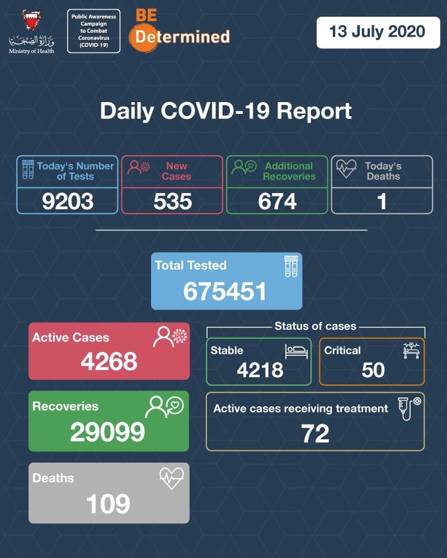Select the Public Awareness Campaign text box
click(x=93, y=31)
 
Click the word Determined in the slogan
click(x=182, y=37)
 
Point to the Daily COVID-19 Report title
click(x=226, y=110)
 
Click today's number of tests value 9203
click(x=68, y=201)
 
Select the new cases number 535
click(x=172, y=201)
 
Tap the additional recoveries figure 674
click(x=277, y=201)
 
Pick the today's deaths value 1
click(x=382, y=201)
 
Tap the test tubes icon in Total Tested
click(x=291, y=267)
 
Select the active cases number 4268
click(x=109, y=362)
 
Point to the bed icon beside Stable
click(x=296, y=351)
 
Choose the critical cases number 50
click(x=373, y=369)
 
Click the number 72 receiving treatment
click(x=315, y=434)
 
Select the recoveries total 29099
click(x=107, y=431)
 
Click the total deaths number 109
click(x=108, y=504)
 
